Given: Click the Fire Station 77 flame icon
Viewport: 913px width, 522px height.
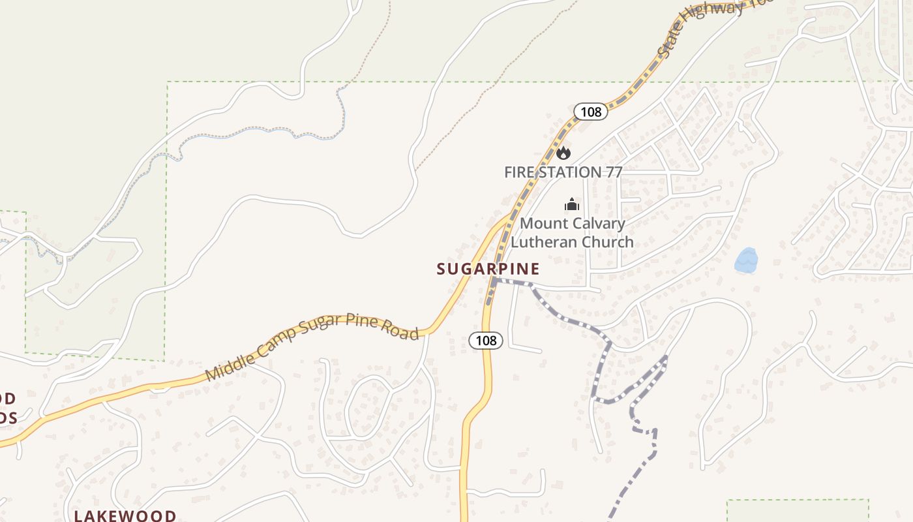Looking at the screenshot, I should [563, 153].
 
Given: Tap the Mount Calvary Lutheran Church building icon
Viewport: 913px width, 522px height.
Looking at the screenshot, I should [572, 205].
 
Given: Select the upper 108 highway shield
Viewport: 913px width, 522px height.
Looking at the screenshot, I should [591, 112].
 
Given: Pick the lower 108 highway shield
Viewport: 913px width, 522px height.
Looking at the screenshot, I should [486, 340].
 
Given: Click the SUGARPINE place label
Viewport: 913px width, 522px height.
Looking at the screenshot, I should [488, 269].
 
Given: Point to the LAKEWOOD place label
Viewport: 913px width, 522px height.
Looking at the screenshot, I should [125, 515].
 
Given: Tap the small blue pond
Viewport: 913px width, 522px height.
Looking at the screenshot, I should [746, 260].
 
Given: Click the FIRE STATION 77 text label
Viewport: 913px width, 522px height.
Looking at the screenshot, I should [563, 172].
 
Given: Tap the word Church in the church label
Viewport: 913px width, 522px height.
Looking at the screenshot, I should [603, 242].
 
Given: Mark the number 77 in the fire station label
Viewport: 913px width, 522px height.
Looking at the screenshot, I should [612, 172].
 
